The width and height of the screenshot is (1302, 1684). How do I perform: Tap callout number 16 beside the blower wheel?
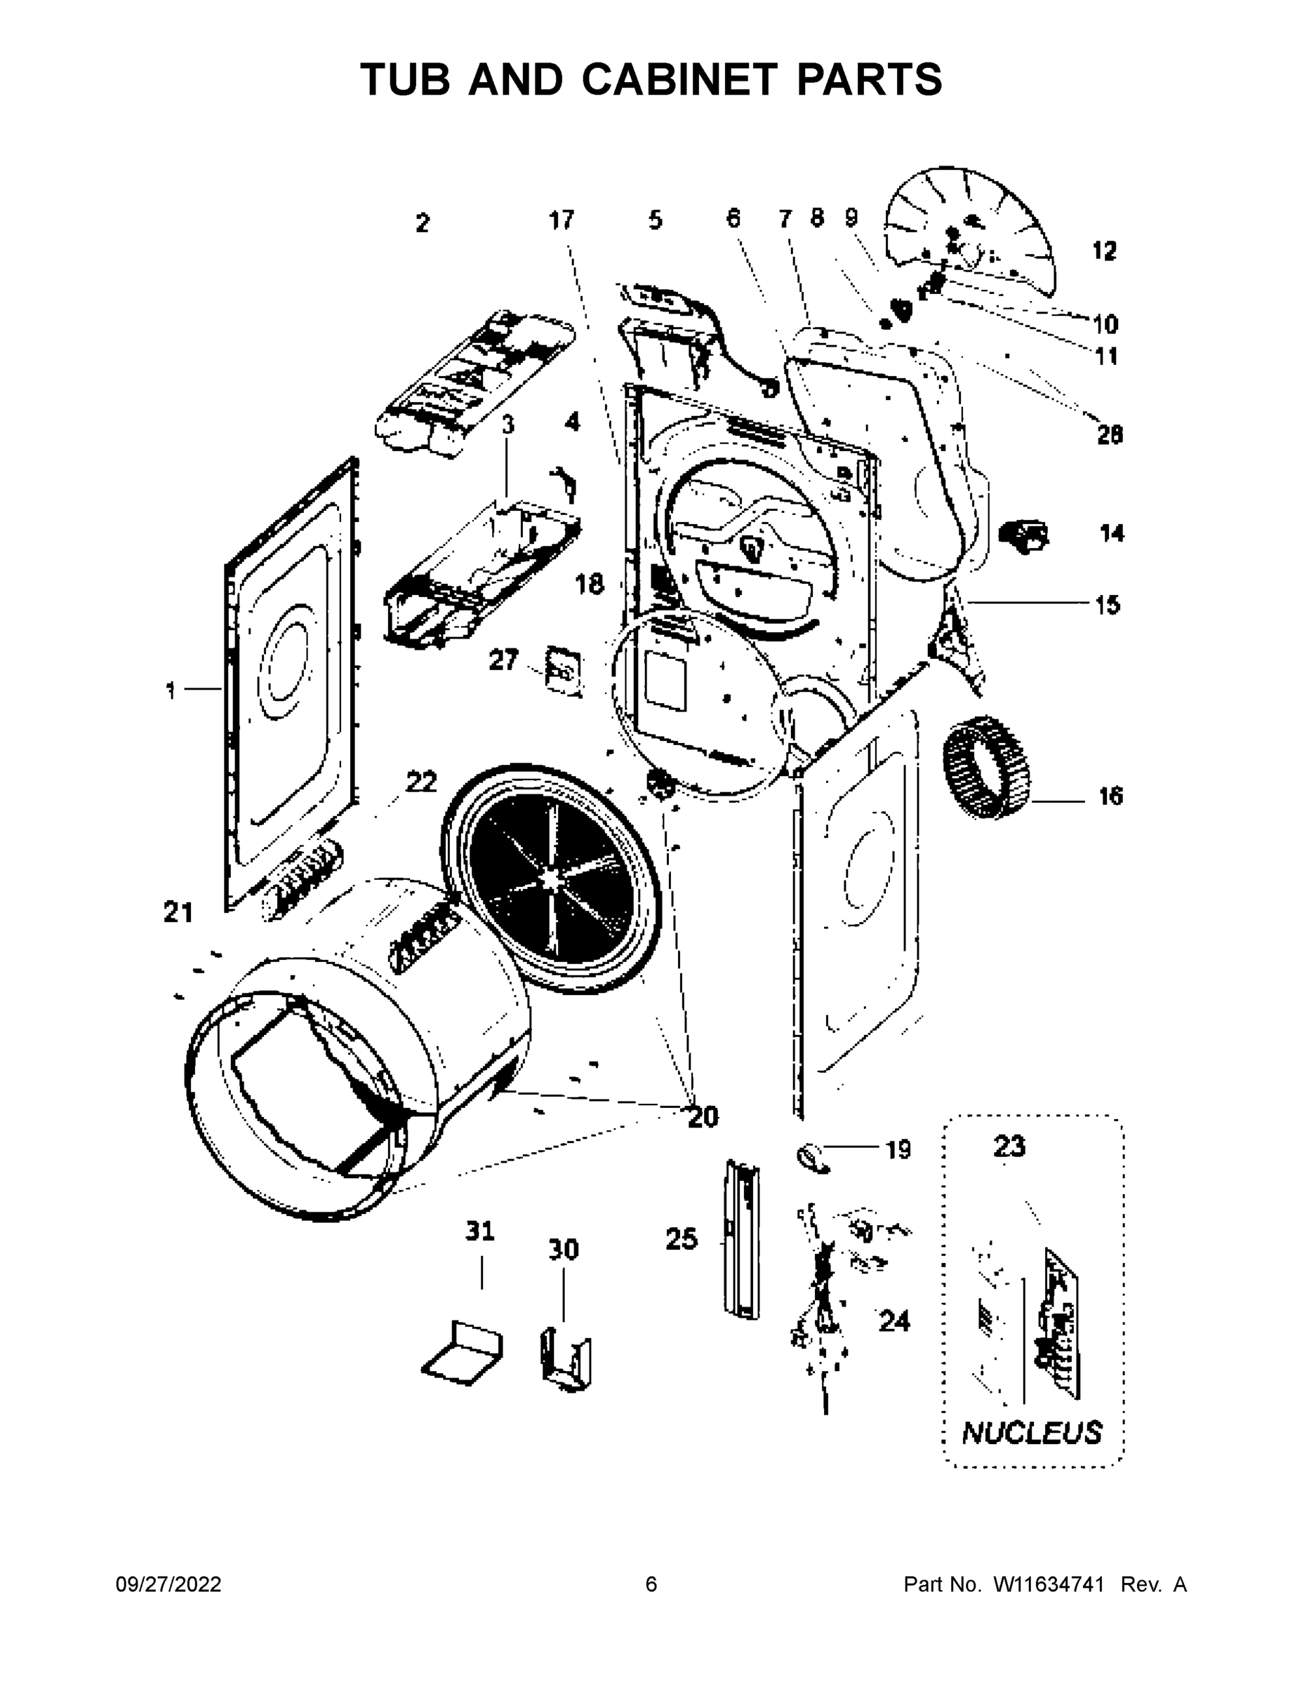pos(1110,796)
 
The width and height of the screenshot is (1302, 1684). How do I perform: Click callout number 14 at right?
pos(1112,533)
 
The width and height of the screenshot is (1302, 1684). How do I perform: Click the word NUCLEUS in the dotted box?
pos(1032,1433)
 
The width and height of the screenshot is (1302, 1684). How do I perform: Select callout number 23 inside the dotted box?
pos(1009,1147)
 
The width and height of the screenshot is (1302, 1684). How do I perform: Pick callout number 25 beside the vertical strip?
pos(681,1240)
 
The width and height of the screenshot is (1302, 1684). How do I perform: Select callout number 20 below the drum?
pos(703,1116)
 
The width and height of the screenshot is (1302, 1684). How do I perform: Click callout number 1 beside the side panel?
pos(171,690)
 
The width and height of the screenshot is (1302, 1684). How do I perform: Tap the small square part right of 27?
pos(564,671)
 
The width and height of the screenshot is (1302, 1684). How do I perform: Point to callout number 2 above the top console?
pos(422,224)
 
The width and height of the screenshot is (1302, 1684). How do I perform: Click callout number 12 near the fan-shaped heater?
pos(1105,250)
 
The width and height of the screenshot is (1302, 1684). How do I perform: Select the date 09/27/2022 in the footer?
pos(168,1584)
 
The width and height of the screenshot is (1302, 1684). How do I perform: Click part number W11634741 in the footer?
pos(1048,1584)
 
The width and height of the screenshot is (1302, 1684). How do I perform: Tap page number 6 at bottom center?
pos(651,1584)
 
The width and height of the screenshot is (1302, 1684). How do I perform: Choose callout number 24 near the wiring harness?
pos(894,1322)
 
